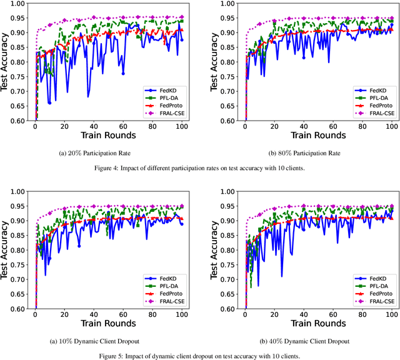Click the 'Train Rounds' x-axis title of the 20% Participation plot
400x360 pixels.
(x=109, y=135)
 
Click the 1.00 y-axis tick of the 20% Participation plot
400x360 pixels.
(x=24, y=4)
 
